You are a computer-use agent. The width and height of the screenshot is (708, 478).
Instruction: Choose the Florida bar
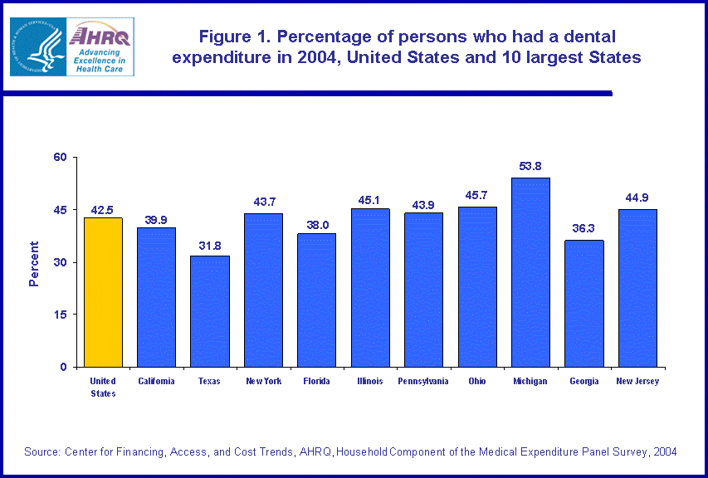[x=316, y=300]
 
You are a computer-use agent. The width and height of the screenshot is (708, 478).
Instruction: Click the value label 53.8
[x=530, y=166]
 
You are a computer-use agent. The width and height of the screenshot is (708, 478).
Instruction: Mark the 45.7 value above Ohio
[x=477, y=195]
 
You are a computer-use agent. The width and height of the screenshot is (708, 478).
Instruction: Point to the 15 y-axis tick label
[x=61, y=315]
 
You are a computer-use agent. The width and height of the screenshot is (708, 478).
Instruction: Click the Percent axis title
[x=34, y=263]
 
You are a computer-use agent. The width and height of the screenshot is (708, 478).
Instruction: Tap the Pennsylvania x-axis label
[x=423, y=382]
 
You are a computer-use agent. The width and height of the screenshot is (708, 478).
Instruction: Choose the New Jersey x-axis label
[x=637, y=382]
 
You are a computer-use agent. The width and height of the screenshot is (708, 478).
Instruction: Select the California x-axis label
[x=156, y=382]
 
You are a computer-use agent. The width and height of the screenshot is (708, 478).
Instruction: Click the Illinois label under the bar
[x=370, y=382]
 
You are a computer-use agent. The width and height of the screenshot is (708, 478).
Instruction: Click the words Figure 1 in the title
[x=234, y=37]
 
